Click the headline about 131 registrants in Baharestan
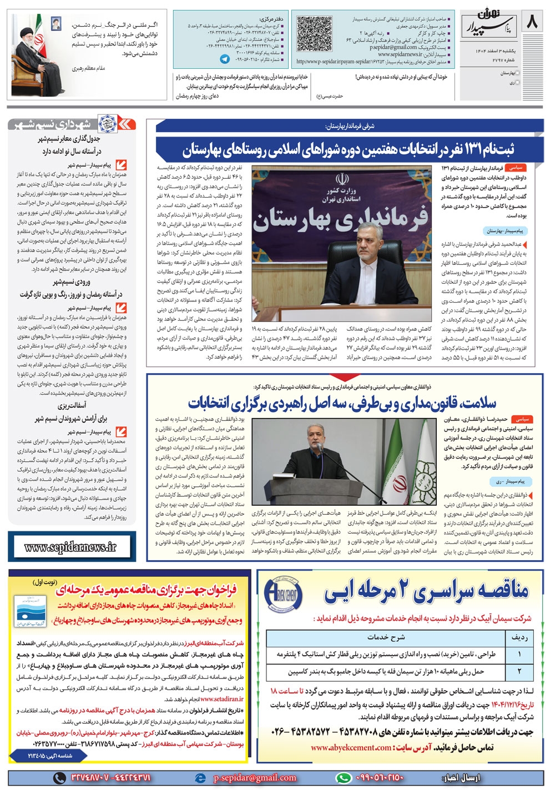point(348,150)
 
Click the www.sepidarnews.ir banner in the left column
point(70,547)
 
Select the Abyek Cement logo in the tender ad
point(282,593)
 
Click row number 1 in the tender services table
point(519,655)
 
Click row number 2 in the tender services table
point(519,671)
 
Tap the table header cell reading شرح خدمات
point(386,637)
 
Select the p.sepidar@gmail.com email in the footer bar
point(255,778)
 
